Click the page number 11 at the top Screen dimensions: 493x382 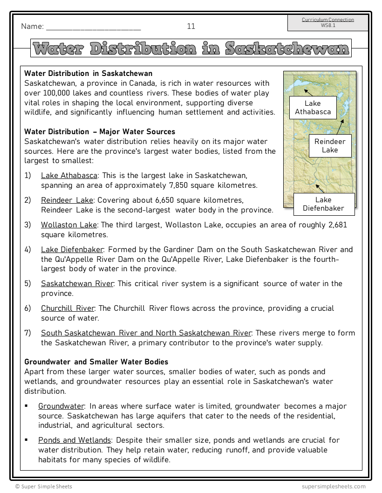tap(191, 27)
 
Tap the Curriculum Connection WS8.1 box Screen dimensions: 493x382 tap(327, 23)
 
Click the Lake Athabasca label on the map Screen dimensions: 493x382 tap(313, 108)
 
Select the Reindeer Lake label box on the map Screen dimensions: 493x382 tap(330, 145)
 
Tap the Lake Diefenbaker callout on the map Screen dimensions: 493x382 tap(323, 204)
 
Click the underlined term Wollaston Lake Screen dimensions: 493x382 tap(69, 225)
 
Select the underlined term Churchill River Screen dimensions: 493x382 tap(68, 308)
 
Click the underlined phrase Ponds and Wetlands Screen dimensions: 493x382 tap(75, 440)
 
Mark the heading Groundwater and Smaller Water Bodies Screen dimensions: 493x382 tap(96, 362)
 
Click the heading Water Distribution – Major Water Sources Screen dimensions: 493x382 tap(100, 132)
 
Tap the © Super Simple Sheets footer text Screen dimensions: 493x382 tap(43, 486)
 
